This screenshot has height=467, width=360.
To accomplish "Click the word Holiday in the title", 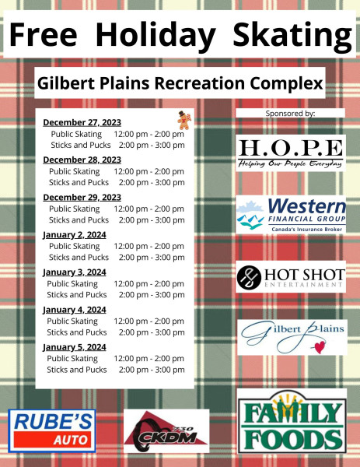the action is tap(156, 34).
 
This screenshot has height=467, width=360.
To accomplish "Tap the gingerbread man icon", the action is tap(184, 121).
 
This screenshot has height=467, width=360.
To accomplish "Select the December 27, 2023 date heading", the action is tap(82, 122).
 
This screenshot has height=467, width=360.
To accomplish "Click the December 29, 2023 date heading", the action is tap(82, 197).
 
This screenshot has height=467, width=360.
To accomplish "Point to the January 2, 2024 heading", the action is tap(75, 235).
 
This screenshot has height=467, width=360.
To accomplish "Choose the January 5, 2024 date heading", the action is tap(75, 347).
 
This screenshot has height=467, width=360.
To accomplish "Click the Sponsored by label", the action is tap(290, 114).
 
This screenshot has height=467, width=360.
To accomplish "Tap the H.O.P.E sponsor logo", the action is tap(291, 153).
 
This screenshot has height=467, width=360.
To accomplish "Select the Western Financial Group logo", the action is tap(291, 215).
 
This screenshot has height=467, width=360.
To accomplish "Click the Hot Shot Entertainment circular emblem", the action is tap(249, 278).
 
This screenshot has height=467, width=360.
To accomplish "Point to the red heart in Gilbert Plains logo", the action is tap(320, 347).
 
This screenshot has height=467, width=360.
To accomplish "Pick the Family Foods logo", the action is tap(292, 420).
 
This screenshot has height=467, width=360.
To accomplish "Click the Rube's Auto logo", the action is tap(52, 430).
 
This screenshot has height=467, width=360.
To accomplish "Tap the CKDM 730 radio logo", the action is tap(166, 430).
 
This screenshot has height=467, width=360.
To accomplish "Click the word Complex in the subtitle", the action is tap(286, 83).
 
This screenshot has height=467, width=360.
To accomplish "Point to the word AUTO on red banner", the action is tap(71, 440).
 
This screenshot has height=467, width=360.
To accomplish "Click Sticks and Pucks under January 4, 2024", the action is tap(77, 332).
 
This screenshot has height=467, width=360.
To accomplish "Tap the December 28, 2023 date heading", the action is tap(82, 160).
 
